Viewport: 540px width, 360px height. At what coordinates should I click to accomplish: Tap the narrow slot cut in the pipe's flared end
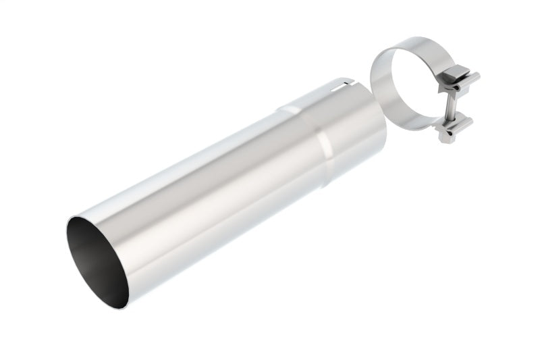pyautogui.click(x=345, y=86)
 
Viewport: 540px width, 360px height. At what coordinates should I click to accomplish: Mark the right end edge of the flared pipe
pyautogui.click(x=383, y=128)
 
